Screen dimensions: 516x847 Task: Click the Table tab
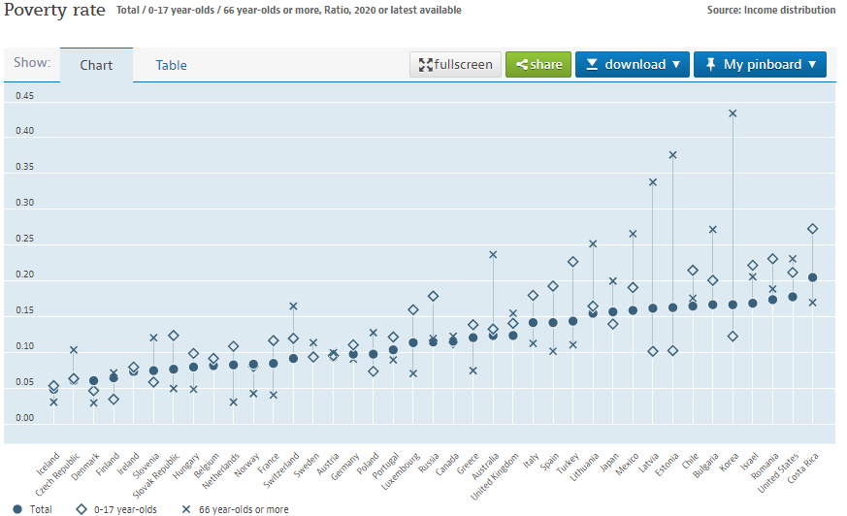click(171, 65)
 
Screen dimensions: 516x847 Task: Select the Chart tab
click(96, 65)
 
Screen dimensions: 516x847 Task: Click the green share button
click(538, 64)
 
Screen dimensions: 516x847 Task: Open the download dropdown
click(632, 64)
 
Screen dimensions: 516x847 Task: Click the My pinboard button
click(761, 64)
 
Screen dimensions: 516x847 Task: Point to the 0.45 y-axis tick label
click(23, 96)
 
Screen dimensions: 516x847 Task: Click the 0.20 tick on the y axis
click(23, 274)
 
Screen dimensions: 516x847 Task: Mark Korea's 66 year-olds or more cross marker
click(733, 113)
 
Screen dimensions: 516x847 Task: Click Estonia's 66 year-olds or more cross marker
click(672, 154)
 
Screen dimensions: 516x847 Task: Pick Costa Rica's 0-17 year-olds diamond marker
click(812, 229)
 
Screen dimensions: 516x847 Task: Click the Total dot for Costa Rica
click(812, 277)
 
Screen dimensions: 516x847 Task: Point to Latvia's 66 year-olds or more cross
click(653, 182)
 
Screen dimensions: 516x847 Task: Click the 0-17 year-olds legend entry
click(115, 508)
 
